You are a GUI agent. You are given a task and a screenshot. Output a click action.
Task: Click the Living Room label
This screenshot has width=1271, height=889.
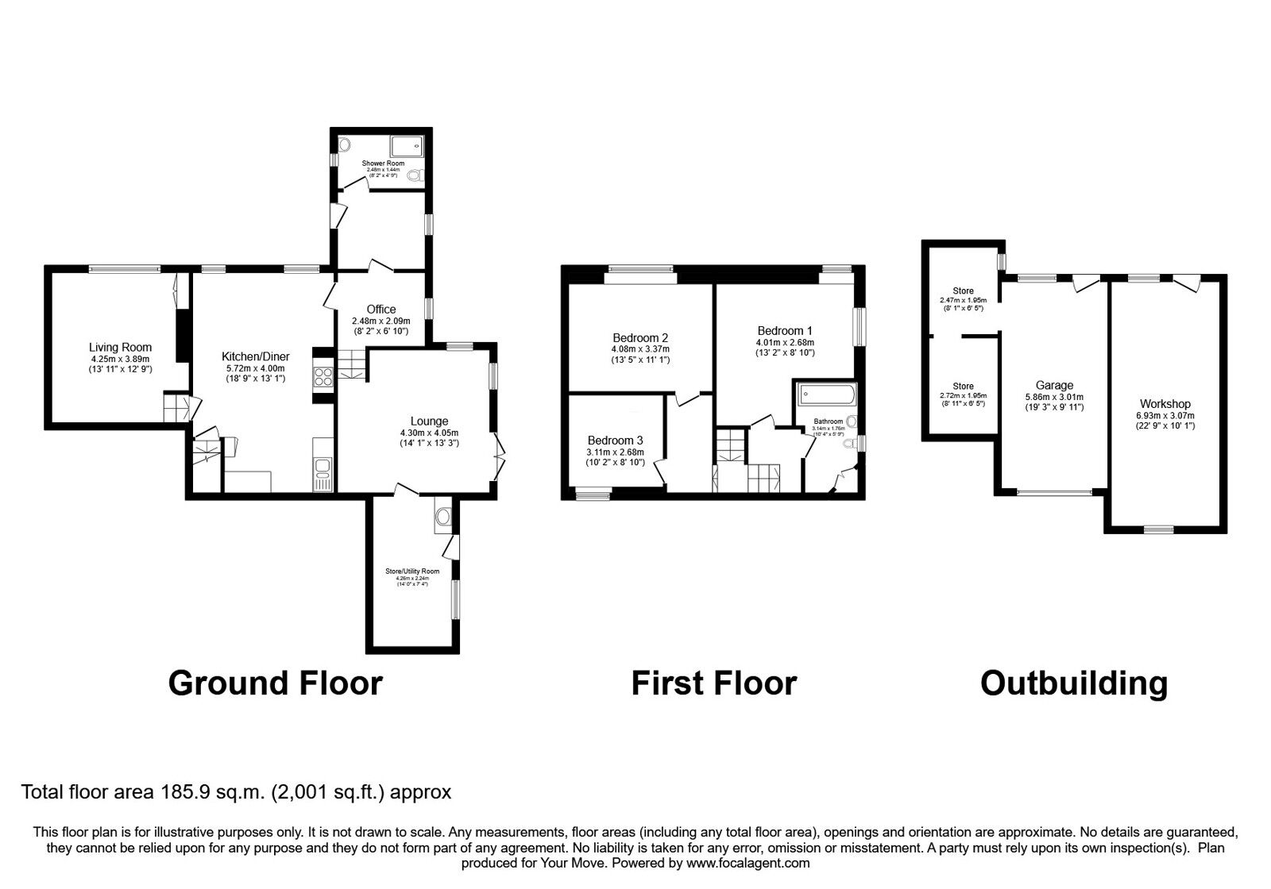pyautogui.click(x=120, y=347)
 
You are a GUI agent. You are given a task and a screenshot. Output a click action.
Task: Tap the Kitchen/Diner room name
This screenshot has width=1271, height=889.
pyautogui.click(x=255, y=357)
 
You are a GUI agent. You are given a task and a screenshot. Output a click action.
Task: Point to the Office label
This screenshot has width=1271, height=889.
pyautogui.click(x=381, y=310)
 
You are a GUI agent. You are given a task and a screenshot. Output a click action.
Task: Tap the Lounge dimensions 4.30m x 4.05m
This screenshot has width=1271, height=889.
pyautogui.click(x=429, y=433)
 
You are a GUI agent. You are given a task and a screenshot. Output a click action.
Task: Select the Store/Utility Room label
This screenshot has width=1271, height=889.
pyautogui.click(x=412, y=571)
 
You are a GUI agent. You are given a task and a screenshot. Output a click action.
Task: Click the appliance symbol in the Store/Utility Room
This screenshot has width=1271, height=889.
pyautogui.click(x=443, y=517)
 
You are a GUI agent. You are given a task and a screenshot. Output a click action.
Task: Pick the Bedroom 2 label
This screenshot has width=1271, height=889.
pyautogui.click(x=640, y=337)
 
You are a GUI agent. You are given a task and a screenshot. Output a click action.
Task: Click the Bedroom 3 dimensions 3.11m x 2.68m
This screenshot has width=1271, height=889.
pyautogui.click(x=615, y=452)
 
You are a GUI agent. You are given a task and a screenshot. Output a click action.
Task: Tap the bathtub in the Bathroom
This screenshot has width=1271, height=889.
pyautogui.click(x=827, y=393)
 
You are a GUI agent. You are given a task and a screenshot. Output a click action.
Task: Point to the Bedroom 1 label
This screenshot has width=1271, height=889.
pyautogui.click(x=785, y=331)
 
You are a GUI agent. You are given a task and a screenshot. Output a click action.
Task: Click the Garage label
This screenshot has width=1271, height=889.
pyautogui.click(x=1054, y=386)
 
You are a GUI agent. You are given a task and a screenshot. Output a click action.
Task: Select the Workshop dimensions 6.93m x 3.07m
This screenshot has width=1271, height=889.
pyautogui.click(x=1165, y=415)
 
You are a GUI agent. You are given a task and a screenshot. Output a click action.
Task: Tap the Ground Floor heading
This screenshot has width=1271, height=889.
pyautogui.click(x=275, y=683)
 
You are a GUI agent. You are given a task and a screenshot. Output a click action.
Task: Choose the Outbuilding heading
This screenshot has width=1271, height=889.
pyautogui.click(x=1074, y=683)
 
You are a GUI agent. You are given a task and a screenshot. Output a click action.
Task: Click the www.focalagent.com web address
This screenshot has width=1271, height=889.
pyautogui.click(x=748, y=863)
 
